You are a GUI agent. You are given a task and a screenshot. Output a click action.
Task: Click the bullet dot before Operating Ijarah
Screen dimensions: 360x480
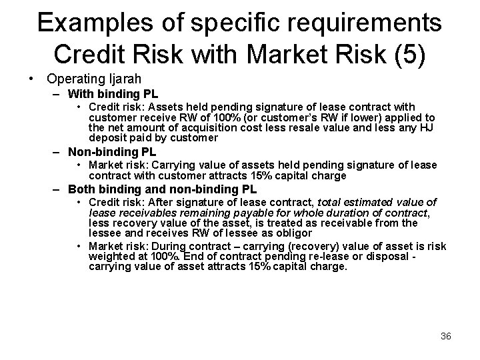31,79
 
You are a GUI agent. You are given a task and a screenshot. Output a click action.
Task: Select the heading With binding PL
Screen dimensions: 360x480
113,94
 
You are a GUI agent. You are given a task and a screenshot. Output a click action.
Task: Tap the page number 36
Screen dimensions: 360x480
446,336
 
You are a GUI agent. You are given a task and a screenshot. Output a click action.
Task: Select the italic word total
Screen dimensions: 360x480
329,202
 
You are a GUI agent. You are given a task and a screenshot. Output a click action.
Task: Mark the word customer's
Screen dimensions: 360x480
255,117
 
